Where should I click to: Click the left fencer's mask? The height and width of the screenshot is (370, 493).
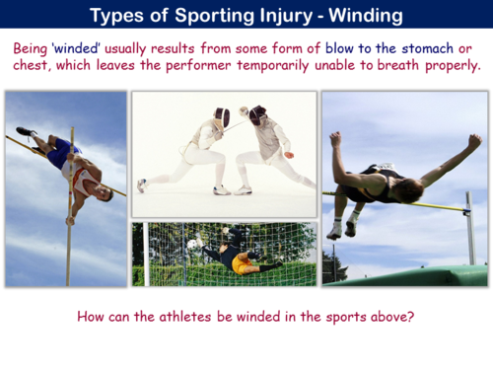click(x=222, y=116)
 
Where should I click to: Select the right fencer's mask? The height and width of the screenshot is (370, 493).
click(x=257, y=115)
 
